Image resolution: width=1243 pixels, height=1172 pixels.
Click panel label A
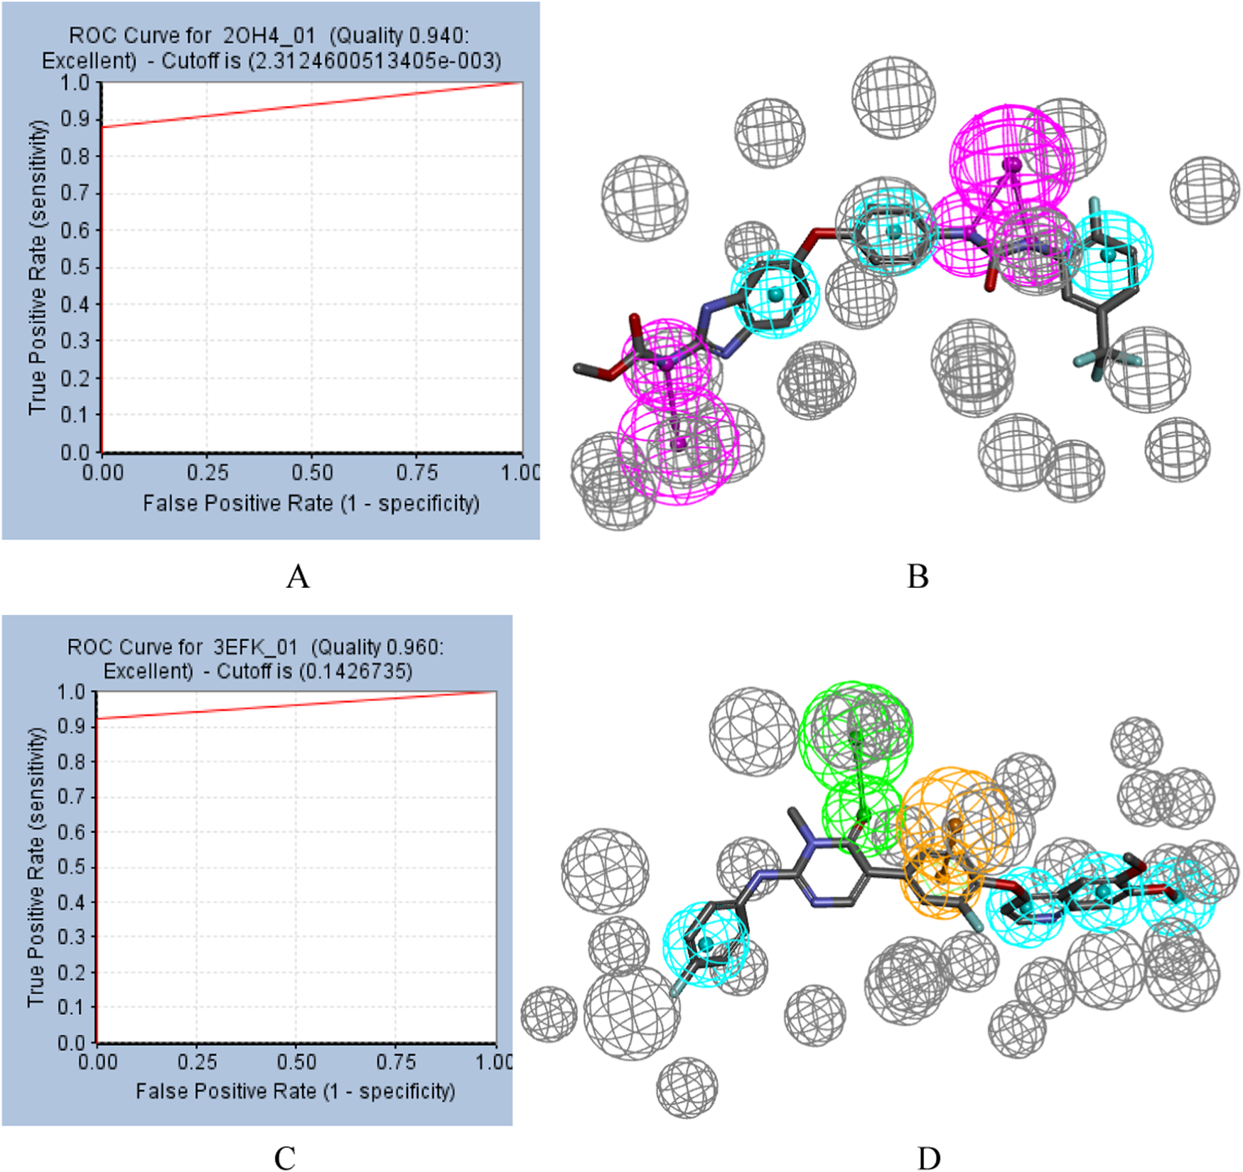[x=298, y=577]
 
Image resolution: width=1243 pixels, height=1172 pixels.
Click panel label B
[x=918, y=577]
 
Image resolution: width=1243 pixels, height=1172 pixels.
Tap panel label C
[x=284, y=1158]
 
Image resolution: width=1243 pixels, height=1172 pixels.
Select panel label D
[x=929, y=1158]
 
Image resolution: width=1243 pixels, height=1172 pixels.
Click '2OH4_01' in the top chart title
[x=264, y=36]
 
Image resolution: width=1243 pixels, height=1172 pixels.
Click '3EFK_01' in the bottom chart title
[x=255, y=647]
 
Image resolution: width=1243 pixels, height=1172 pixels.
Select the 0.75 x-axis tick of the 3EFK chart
[x=396, y=1062]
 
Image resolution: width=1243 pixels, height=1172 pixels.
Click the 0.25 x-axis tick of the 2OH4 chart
[x=208, y=473]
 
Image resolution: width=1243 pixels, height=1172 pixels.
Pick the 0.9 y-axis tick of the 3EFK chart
[x=71, y=726]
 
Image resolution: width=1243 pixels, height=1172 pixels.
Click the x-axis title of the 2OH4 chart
[x=311, y=504]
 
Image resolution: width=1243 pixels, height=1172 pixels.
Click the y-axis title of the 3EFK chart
[x=36, y=866]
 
